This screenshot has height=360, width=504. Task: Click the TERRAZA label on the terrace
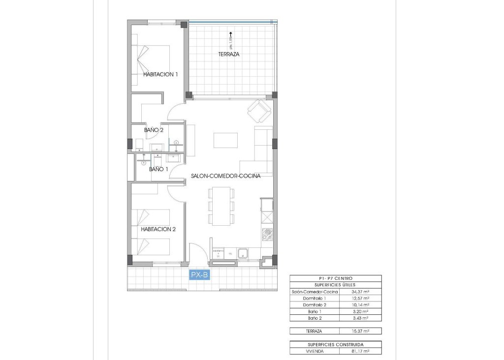tap(229, 55)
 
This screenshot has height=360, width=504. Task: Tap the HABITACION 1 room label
tap(160, 75)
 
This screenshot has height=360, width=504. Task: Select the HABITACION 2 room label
tap(158, 229)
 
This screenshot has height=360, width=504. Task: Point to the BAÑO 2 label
tap(154, 130)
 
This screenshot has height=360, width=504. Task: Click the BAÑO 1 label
tap(158, 169)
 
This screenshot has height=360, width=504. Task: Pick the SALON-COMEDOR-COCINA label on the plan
tap(225, 176)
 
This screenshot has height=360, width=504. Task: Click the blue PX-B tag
tap(199, 275)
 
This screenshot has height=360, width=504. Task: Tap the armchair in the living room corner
tap(259, 112)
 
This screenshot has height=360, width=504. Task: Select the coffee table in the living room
tap(225, 141)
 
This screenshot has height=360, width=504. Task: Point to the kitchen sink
tap(243, 254)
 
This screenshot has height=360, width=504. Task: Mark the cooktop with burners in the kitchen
tap(267, 235)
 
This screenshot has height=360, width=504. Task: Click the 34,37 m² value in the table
tap(360, 292)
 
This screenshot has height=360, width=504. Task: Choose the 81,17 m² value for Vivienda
tap(360, 352)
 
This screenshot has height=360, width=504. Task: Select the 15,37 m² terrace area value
tap(360, 331)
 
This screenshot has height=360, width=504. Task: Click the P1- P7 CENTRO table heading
tap(335, 278)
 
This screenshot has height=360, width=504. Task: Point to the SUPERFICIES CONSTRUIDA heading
tap(335, 345)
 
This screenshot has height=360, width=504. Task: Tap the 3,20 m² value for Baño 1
tap(360, 311)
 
